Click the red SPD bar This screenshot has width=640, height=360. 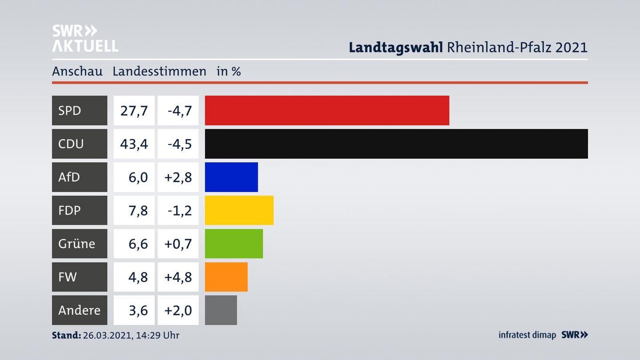pyautogui.click(x=327, y=110)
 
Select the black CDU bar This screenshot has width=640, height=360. pyautogui.click(x=396, y=144)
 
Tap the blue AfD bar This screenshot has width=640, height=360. pyautogui.click(x=231, y=177)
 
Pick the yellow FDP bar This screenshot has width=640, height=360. pyautogui.click(x=239, y=210)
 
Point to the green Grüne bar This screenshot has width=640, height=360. pyautogui.click(x=234, y=244)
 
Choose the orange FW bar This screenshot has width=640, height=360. pyautogui.click(x=226, y=277)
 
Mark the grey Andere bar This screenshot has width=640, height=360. pyautogui.click(x=221, y=310)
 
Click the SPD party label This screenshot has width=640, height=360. pyautogui.click(x=70, y=110)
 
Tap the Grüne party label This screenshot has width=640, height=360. pyautogui.click(x=76, y=244)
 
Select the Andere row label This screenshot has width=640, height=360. pyautogui.click(x=79, y=310)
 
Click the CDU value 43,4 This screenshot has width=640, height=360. pyautogui.click(x=134, y=144)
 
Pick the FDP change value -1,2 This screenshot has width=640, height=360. pyautogui.click(x=180, y=210)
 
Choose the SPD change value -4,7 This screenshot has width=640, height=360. pyautogui.click(x=180, y=110)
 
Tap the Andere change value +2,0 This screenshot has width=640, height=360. pyautogui.click(x=178, y=310)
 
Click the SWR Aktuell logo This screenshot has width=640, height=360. pyautogui.click(x=85, y=38)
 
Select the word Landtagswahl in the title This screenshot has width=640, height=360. pyautogui.click(x=396, y=47)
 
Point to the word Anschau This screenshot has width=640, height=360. pyautogui.click(x=77, y=71)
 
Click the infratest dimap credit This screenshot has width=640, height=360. pyautogui.click(x=527, y=335)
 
